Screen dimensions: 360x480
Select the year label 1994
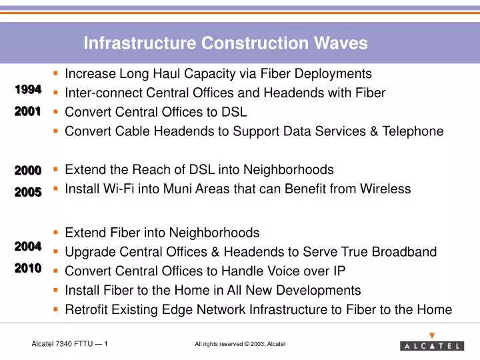coord(28,89)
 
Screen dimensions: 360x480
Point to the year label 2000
coord(28,171)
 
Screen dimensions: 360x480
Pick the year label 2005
coord(28,192)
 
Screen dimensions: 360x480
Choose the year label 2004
coord(28,247)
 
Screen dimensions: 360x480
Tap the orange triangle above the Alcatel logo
coord(432,335)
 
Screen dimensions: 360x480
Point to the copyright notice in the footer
coord(240,344)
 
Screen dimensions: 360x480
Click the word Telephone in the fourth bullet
coord(413,131)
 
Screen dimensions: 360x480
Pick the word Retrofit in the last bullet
coord(86,309)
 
